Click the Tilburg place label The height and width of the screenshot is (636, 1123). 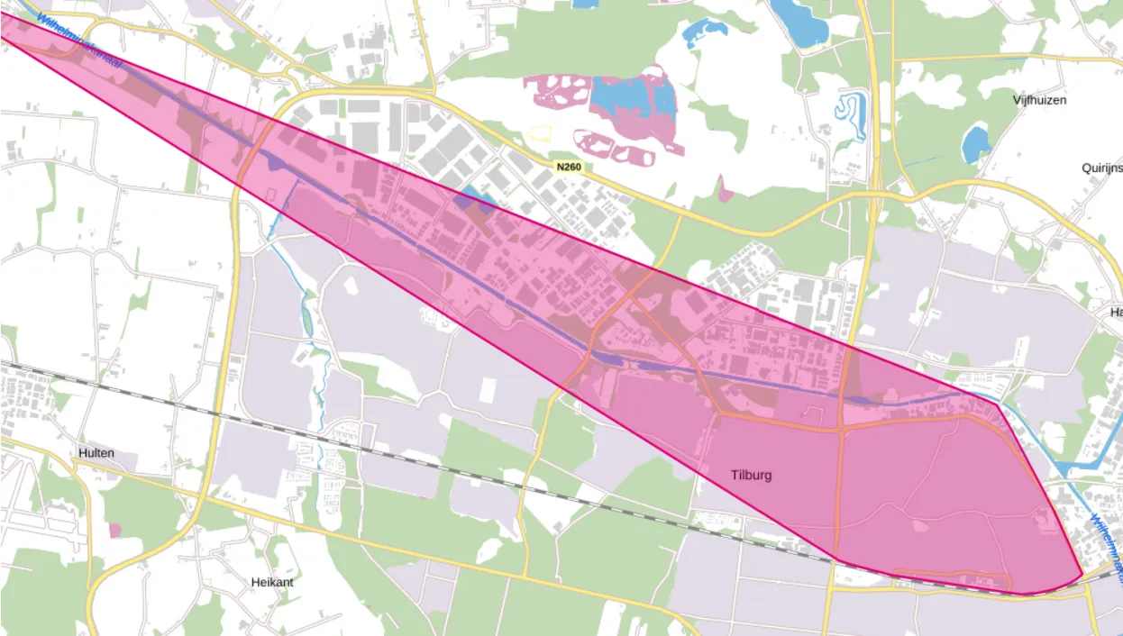[751, 475]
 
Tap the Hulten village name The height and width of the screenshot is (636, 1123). [96, 452]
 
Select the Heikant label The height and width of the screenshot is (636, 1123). [271, 582]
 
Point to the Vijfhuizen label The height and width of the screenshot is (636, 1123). [1038, 100]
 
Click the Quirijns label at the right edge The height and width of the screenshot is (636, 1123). [1101, 168]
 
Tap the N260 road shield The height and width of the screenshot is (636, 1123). [568, 167]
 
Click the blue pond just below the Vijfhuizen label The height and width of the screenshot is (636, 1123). [975, 144]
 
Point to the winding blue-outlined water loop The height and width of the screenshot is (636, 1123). [850, 114]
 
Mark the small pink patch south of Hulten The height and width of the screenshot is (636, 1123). [114, 530]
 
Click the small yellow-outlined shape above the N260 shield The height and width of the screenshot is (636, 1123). [539, 134]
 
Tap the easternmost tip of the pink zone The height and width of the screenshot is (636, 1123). [1082, 574]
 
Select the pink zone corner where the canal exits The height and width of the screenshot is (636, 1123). [998, 404]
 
